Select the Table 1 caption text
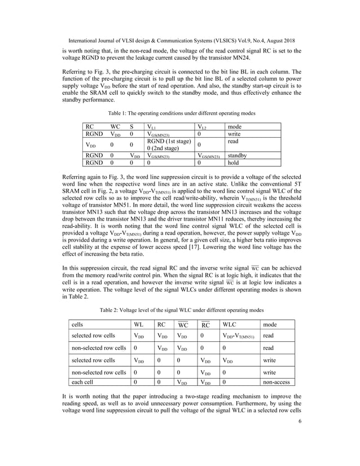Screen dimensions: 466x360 [x=179, y=112]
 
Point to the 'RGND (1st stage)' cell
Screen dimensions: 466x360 [x=169, y=140]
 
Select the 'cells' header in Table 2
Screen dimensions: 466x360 [x=79, y=325]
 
